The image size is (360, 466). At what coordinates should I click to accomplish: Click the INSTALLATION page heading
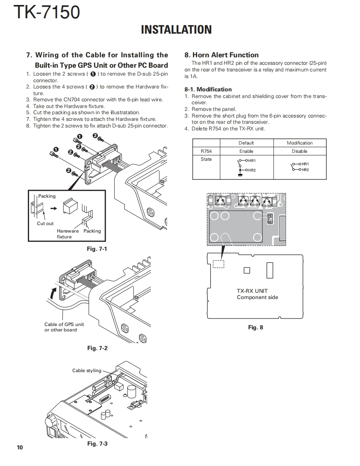point(176,29)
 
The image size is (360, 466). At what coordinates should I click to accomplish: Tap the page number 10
point(20,447)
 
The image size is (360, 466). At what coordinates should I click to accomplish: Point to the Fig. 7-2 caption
point(97,348)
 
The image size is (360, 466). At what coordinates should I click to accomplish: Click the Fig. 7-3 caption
point(97,444)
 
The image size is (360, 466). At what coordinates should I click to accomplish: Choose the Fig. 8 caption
point(255,327)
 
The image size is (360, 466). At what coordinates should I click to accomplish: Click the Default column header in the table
point(246,143)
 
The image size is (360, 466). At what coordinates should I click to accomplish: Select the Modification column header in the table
point(299,143)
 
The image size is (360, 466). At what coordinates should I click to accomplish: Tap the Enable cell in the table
point(246,151)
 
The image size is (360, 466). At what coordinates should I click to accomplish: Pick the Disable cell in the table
point(299,151)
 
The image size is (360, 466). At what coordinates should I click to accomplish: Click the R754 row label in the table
point(206,151)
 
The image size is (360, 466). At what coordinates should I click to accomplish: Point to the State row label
point(206,159)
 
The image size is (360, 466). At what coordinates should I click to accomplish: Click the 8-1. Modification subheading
point(208,89)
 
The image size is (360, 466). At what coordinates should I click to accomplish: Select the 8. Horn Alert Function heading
point(221,55)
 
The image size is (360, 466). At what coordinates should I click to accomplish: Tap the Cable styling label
point(86,370)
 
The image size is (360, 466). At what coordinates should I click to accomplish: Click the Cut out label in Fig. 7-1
point(45,223)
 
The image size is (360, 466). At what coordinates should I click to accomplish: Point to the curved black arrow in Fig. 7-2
point(52,294)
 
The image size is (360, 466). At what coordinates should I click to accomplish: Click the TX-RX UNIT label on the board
point(252,291)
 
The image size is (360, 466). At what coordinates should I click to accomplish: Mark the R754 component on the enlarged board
point(270,218)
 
